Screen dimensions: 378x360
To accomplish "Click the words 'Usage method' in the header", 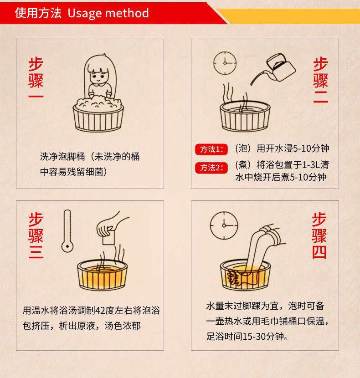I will [x=108, y=12].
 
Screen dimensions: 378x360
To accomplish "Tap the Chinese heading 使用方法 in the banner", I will [x=38, y=12].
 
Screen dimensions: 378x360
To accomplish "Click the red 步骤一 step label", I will [x=36, y=78].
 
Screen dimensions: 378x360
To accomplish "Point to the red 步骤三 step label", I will [x=36, y=235].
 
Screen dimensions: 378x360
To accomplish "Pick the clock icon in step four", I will [x=224, y=223].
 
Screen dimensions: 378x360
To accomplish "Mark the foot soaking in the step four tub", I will [x=248, y=273].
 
